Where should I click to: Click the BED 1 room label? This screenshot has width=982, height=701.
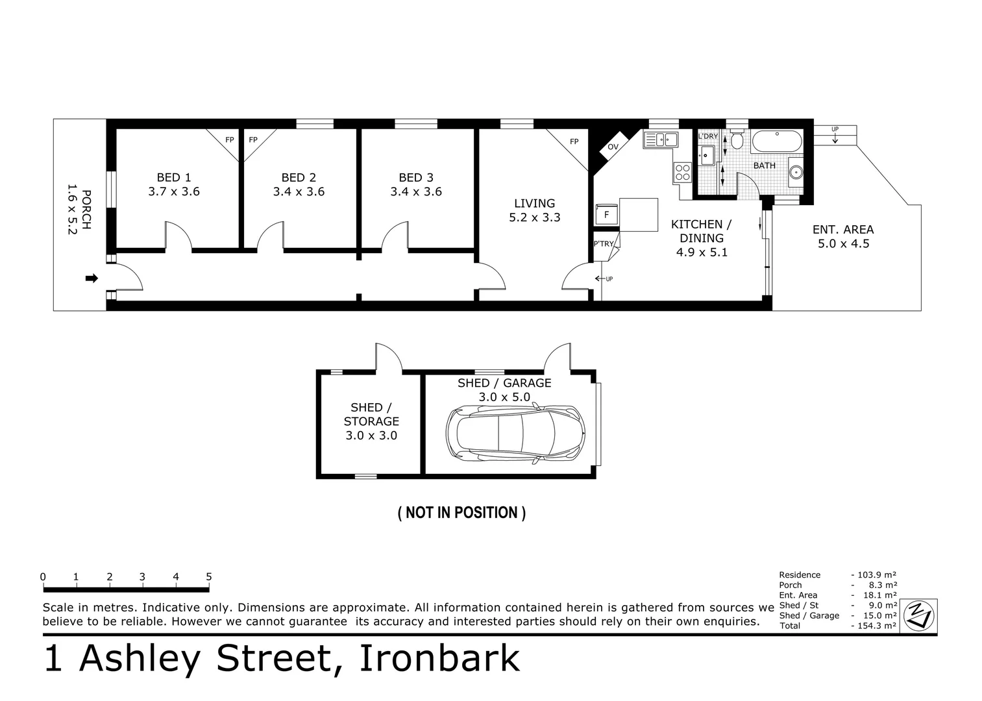tap(174, 178)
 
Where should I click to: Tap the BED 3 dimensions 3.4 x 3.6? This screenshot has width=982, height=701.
tap(416, 191)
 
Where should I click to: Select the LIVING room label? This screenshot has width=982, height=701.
tap(534, 203)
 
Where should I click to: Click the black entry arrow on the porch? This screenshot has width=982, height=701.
tap(92, 278)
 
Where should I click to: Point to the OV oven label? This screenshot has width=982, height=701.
tap(613, 147)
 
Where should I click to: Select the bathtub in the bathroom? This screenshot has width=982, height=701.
tap(777, 141)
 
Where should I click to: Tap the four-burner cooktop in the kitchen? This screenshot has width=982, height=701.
tap(683, 172)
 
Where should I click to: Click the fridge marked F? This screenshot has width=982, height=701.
tap(607, 214)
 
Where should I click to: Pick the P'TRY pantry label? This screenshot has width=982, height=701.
tap(603, 244)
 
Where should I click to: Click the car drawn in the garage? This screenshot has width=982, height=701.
tap(515, 434)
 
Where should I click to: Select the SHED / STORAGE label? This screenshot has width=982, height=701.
tap(371, 414)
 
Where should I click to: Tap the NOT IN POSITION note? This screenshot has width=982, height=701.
tap(461, 513)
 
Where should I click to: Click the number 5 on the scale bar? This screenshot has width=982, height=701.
tap(209, 576)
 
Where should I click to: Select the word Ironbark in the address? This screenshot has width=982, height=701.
tap(439, 658)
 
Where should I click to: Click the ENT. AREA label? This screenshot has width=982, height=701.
tap(843, 230)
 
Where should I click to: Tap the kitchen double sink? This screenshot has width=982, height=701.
tap(661, 140)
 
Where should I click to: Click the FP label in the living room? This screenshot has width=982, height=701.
tap(574, 141)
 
